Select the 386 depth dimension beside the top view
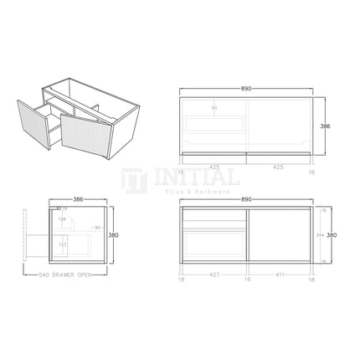coord(326,126)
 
